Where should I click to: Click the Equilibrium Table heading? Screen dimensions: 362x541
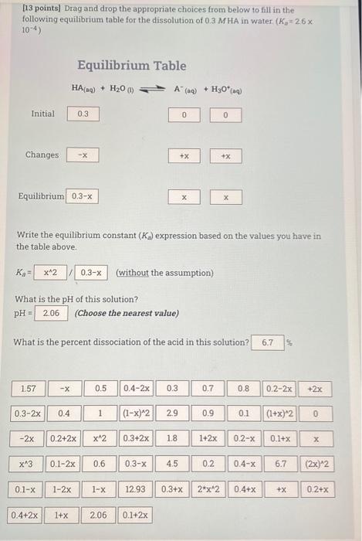click(x=130, y=66)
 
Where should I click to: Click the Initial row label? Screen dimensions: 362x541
click(x=42, y=114)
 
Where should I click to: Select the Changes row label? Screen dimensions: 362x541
click(x=42, y=155)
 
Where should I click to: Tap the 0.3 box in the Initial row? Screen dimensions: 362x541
click(x=83, y=114)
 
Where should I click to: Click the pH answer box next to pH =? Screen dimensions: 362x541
click(x=51, y=313)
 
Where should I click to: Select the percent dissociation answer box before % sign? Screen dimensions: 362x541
click(x=269, y=342)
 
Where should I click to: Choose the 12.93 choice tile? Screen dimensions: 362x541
click(x=135, y=489)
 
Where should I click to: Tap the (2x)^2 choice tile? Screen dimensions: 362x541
click(x=316, y=464)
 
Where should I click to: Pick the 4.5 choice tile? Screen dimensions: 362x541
click(x=171, y=464)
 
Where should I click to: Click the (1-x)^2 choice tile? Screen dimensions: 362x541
click(x=137, y=413)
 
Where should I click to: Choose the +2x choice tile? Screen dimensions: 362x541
click(x=316, y=387)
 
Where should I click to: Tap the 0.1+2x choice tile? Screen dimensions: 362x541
click(x=136, y=515)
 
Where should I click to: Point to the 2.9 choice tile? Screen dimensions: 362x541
click(x=172, y=413)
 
